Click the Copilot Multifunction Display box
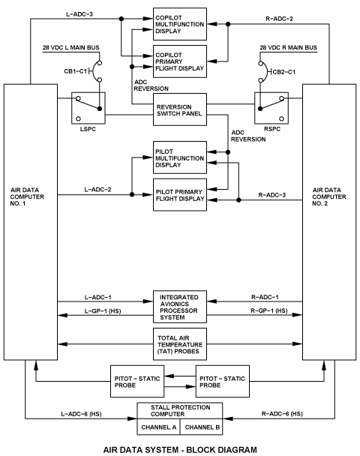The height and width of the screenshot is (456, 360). pyautogui.click(x=180, y=24)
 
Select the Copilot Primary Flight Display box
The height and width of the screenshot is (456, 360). pyautogui.click(x=180, y=61)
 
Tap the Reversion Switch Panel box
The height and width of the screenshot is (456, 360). pyautogui.click(x=180, y=109)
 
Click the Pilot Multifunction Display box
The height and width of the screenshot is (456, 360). pyautogui.click(x=180, y=157)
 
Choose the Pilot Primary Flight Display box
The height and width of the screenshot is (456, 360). pyautogui.click(x=180, y=195)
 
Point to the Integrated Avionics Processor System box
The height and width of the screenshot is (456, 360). pyautogui.click(x=180, y=307)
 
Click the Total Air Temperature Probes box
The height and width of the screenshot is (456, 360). pyautogui.click(x=180, y=344)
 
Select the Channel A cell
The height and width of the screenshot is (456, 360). pyautogui.click(x=158, y=427)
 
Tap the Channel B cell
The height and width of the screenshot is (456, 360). pyautogui.click(x=202, y=427)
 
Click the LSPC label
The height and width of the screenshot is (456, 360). pyautogui.click(x=88, y=129)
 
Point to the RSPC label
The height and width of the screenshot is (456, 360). pyautogui.click(x=272, y=129)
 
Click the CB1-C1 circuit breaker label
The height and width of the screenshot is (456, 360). pyautogui.click(x=75, y=71)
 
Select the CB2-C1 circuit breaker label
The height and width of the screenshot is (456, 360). pyautogui.click(x=283, y=72)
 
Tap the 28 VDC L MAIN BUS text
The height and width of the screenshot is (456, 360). pyautogui.click(x=71, y=47)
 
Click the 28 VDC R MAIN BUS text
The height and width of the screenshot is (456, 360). pyautogui.click(x=288, y=47)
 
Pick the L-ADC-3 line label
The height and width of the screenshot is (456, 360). pyautogui.click(x=79, y=14)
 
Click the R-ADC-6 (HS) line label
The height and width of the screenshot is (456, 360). pyautogui.click(x=282, y=413)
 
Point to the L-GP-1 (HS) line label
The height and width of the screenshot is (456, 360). pyautogui.click(x=103, y=311)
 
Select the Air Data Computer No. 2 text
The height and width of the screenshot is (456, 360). pyautogui.click(x=329, y=196)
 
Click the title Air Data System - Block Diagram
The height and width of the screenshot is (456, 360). pyautogui.click(x=180, y=449)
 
